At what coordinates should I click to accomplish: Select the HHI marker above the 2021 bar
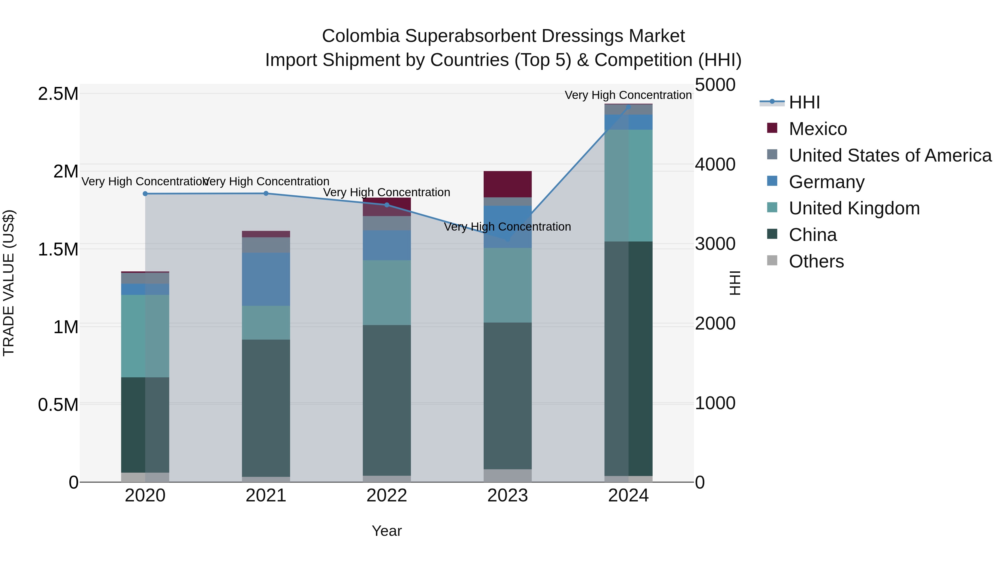coord(266,193)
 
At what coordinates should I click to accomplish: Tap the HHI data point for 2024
coord(629,107)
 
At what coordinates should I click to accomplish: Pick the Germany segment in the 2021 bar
coord(266,279)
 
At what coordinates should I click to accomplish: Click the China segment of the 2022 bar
coord(387,400)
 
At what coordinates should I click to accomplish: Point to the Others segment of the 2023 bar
coord(507,475)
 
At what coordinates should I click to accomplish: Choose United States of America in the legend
coord(890,155)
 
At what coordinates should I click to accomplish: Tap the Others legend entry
coord(816,261)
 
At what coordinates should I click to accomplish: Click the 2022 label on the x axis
coord(387,496)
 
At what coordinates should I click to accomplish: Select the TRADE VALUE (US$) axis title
coord(9,283)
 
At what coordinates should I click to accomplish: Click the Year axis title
coord(387,531)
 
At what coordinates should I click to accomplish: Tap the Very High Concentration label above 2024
coord(628,95)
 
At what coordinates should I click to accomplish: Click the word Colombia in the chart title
coord(361,36)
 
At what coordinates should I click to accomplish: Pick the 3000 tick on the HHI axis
coord(715,244)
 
